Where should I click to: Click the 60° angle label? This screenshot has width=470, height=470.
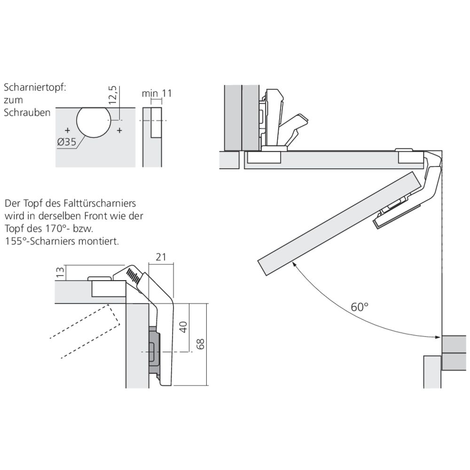360,307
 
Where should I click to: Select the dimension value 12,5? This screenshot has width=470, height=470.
112,94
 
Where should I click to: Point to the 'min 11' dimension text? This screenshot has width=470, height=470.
157,93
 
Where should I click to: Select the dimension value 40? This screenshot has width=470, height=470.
184,327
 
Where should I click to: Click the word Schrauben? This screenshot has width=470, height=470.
27,113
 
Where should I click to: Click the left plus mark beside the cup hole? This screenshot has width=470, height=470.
67,129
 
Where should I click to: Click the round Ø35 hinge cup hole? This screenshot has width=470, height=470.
93,121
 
